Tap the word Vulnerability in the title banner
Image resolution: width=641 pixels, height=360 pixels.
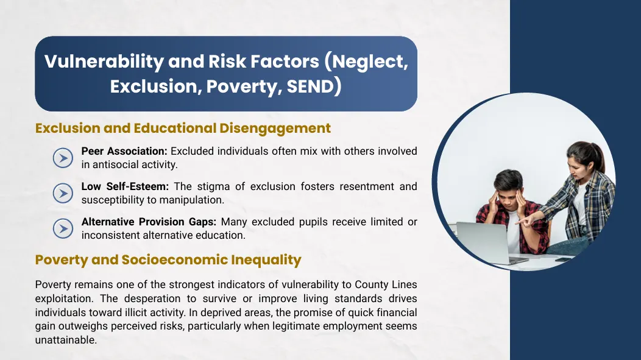104,62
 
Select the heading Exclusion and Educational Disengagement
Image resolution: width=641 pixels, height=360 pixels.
183,129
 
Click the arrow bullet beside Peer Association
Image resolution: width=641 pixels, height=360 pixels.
63,158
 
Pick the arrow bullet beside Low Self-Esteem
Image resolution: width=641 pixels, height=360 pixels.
63,193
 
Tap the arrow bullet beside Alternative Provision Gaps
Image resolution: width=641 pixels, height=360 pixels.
63,228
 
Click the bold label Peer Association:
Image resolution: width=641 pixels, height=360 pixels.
124,151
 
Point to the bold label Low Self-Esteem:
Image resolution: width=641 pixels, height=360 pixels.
125,186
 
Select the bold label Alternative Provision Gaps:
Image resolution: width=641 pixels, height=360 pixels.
149,222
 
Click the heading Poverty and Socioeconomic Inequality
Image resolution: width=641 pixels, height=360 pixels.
168,260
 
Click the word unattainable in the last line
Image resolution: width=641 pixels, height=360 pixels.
66,340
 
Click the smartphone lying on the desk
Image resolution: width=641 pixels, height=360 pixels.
564,259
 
